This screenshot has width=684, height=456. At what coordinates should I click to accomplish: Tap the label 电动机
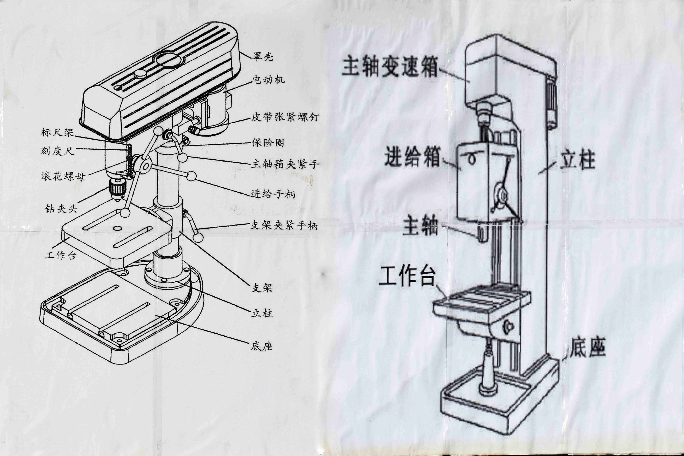(x=268, y=80)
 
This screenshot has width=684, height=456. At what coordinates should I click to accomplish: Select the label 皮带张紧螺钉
(x=285, y=117)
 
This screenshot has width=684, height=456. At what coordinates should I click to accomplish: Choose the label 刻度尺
(x=58, y=151)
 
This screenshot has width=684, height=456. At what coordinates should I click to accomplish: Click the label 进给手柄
(x=273, y=194)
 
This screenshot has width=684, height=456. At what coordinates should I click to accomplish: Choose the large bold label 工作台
(x=407, y=276)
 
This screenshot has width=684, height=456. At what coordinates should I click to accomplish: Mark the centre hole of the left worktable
(x=118, y=229)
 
